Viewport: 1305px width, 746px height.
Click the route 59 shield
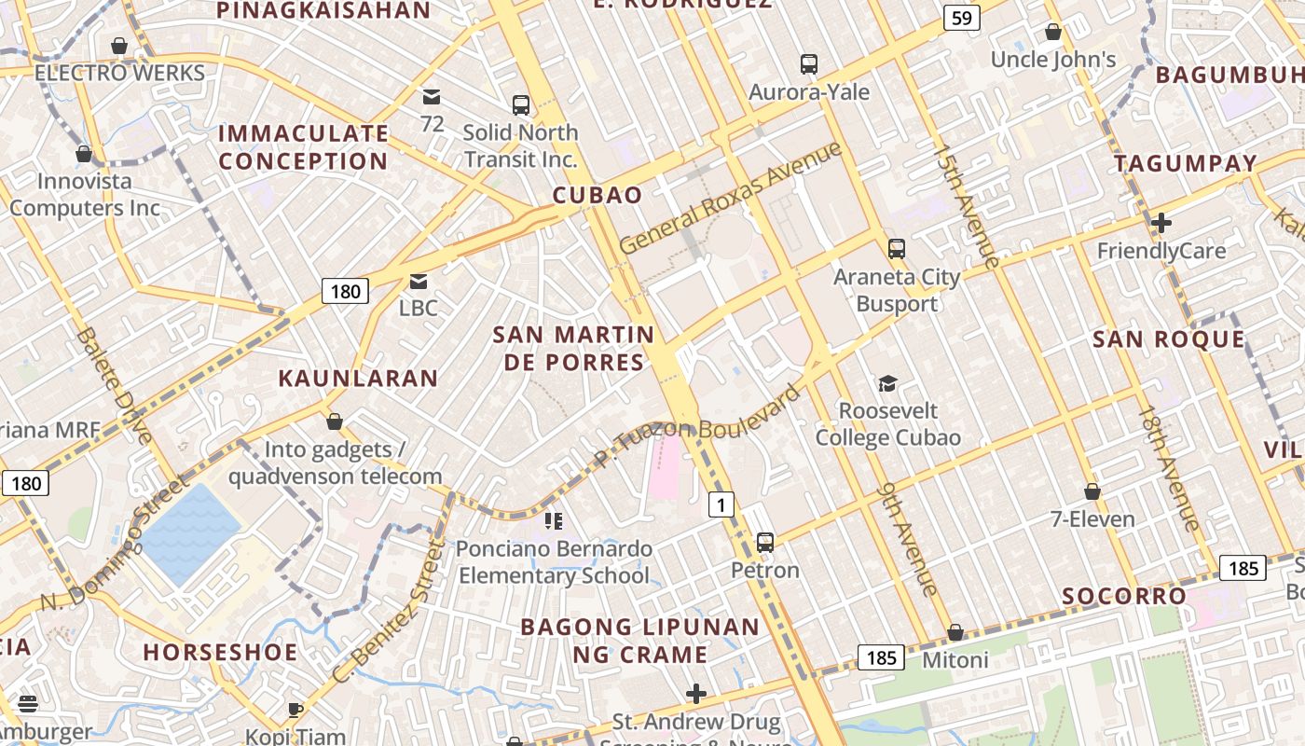tap(961, 17)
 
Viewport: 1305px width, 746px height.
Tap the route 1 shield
tap(721, 504)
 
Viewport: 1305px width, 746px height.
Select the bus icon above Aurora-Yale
tap(809, 63)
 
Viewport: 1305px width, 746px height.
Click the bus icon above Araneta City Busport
tap(896, 249)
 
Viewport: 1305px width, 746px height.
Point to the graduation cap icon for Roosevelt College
tap(887, 383)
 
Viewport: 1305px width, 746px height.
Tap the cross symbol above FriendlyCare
tap(1161, 223)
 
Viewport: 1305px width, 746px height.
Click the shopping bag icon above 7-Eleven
tap(1092, 490)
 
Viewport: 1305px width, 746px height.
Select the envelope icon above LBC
tap(419, 281)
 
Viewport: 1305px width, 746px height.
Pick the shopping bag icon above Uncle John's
tap(1053, 33)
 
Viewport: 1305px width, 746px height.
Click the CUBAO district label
tap(598, 195)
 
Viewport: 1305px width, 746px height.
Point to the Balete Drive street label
tap(115, 384)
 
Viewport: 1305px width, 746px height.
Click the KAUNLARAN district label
tap(358, 378)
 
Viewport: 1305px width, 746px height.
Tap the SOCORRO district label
tap(1125, 596)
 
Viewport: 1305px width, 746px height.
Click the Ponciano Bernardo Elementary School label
tap(554, 562)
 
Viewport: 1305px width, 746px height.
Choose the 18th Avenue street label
tap(1169, 468)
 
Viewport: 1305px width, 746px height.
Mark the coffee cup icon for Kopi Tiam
tap(295, 710)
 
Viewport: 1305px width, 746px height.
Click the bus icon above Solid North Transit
tap(520, 105)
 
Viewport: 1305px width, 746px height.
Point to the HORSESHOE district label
tap(220, 652)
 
